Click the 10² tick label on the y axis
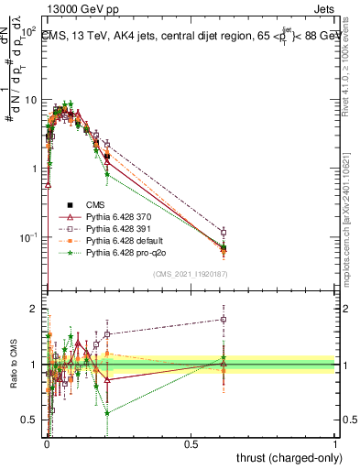(x=28, y=30)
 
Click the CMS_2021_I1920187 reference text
(x=190, y=274)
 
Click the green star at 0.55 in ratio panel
(x=108, y=413)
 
